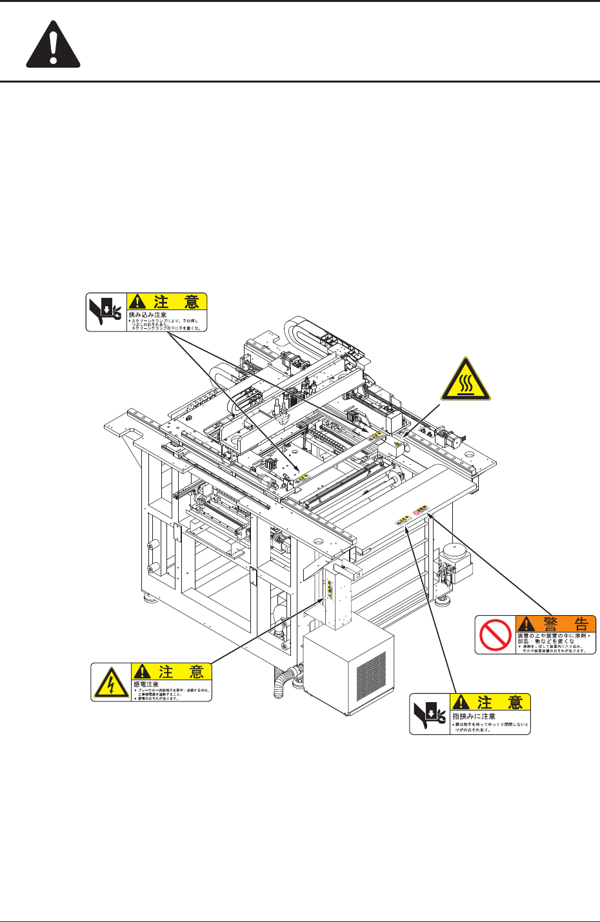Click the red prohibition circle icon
(x=495, y=635)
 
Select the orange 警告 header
(x=555, y=623)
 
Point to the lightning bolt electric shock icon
(x=110, y=682)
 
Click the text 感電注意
(x=146, y=683)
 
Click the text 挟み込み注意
(x=148, y=314)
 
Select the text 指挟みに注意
(x=474, y=716)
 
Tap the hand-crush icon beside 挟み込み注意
(x=106, y=312)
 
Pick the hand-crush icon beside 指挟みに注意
(x=430, y=714)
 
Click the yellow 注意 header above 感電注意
(x=172, y=671)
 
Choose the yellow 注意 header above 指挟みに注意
(x=491, y=701)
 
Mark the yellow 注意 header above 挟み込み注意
(x=167, y=301)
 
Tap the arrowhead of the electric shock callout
(x=325, y=598)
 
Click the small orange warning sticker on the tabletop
(x=421, y=510)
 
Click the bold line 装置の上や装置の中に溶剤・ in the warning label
(x=555, y=636)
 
